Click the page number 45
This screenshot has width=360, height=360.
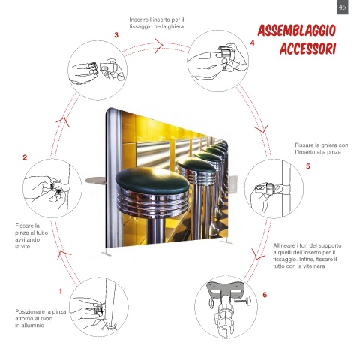[342, 7]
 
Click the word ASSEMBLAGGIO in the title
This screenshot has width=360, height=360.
[297, 31]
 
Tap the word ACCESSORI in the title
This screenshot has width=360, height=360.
[307, 49]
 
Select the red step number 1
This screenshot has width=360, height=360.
[60, 291]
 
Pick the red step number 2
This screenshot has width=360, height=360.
[25, 157]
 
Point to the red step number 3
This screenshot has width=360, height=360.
[116, 35]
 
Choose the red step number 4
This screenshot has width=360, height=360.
[252, 43]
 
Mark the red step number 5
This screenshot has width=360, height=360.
[308, 166]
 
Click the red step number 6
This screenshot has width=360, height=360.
[265, 295]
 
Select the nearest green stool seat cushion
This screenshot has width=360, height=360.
[152, 180]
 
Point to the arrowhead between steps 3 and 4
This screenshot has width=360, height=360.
[159, 46]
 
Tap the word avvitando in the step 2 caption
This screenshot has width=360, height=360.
[28, 239]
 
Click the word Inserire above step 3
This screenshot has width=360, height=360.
[139, 19]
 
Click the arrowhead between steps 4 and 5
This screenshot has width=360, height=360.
[262, 129]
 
